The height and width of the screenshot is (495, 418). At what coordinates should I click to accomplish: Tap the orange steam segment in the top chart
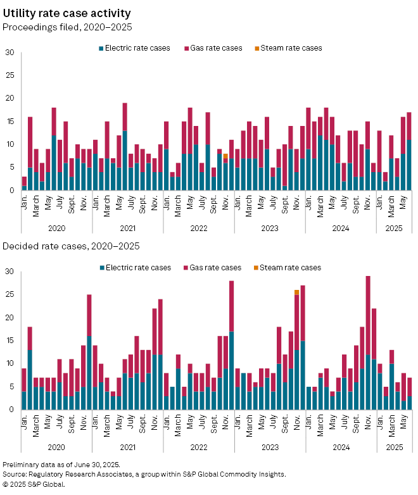(225, 156)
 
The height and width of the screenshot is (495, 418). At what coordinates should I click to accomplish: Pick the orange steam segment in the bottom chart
(296, 292)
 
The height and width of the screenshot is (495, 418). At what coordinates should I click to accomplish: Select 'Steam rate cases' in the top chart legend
(291, 48)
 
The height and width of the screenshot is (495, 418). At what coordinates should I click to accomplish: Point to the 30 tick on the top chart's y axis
(9, 53)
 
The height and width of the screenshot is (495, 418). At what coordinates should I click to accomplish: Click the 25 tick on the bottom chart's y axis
(9, 294)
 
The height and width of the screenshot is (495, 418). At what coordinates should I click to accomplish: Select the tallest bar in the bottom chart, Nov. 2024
(368, 342)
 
